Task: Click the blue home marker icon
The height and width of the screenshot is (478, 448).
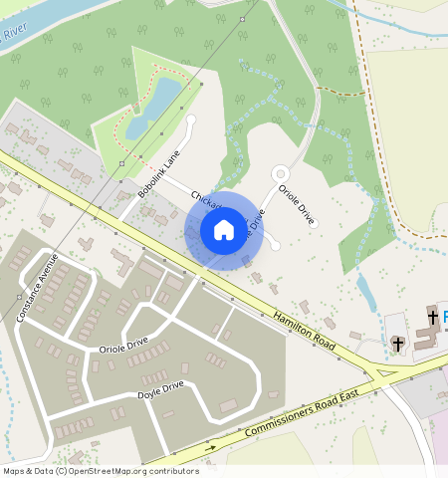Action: (224, 230)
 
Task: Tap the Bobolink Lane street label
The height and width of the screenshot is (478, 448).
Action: (159, 173)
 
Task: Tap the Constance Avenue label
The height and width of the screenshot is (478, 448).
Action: (38, 288)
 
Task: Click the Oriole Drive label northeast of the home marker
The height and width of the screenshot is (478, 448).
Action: (297, 203)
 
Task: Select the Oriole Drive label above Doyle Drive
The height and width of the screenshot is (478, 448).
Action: (123, 345)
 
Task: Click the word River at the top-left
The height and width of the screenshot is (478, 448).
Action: (13, 35)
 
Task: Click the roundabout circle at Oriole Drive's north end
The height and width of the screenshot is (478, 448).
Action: (281, 173)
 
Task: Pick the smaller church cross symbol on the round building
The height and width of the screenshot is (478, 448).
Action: (398, 344)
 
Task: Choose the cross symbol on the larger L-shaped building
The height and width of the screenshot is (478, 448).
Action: (433, 317)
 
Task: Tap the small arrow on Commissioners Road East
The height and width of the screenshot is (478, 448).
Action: (210, 447)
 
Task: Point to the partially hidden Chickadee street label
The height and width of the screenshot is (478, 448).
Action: (183, 199)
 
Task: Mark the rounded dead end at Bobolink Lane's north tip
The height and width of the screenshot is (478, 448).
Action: (191, 119)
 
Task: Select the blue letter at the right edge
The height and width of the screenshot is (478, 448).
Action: (444, 317)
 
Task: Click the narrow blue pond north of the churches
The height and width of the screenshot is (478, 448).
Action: (366, 292)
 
